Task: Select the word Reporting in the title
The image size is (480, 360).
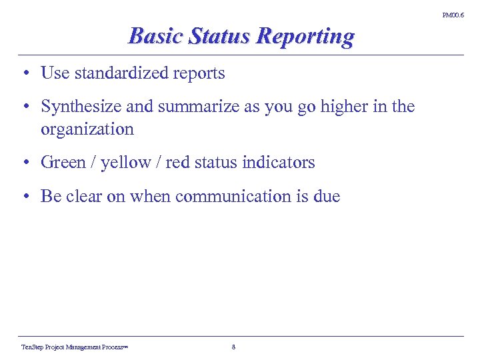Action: (x=305, y=36)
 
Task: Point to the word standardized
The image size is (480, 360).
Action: (x=122, y=73)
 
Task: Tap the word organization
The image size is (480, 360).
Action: (x=87, y=129)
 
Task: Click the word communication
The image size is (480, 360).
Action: (x=228, y=196)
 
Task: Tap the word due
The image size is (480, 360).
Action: (x=327, y=196)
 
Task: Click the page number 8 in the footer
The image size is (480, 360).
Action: (x=233, y=347)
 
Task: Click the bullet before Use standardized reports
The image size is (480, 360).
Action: (x=24, y=73)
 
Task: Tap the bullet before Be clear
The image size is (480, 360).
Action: (x=24, y=196)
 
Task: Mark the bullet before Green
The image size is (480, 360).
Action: (x=24, y=162)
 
